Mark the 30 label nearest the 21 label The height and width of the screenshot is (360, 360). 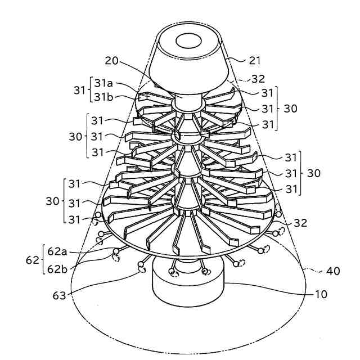(x=290, y=108)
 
